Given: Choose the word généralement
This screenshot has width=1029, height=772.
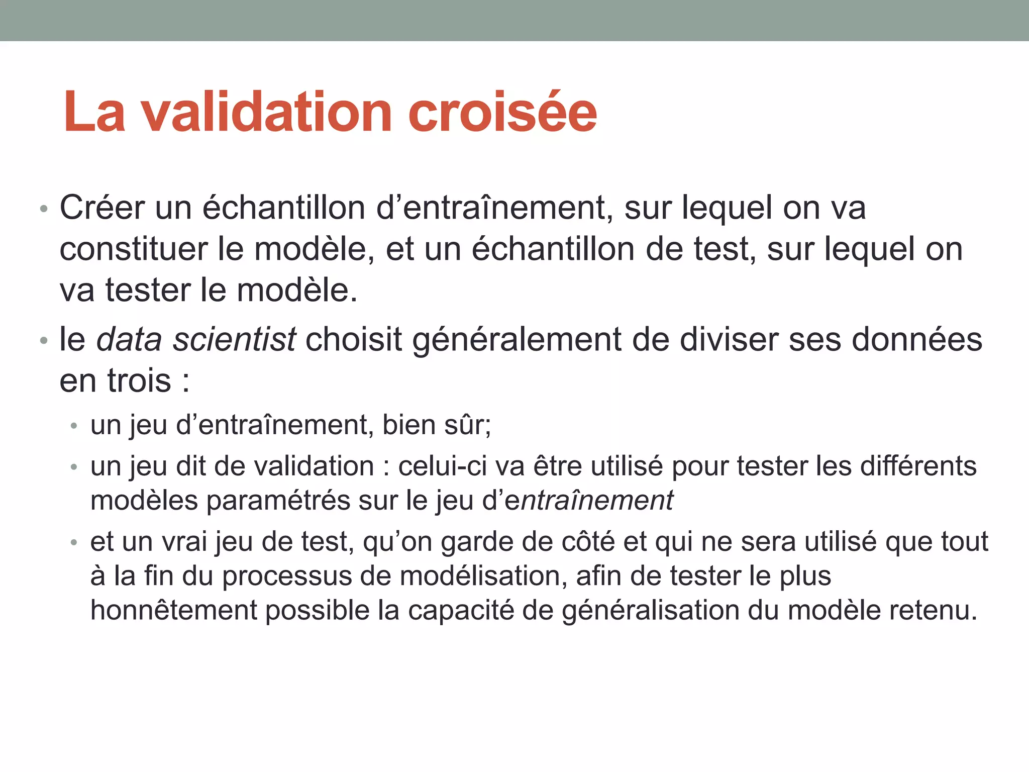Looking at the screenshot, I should click(x=518, y=341).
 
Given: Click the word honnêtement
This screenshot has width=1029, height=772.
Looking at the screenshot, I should click(x=174, y=611).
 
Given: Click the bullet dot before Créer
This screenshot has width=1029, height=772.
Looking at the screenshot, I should click(x=44, y=209).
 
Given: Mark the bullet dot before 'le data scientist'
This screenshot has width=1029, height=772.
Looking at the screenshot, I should click(x=44, y=341).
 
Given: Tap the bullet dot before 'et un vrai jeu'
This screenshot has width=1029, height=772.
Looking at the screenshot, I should click(x=74, y=542).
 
